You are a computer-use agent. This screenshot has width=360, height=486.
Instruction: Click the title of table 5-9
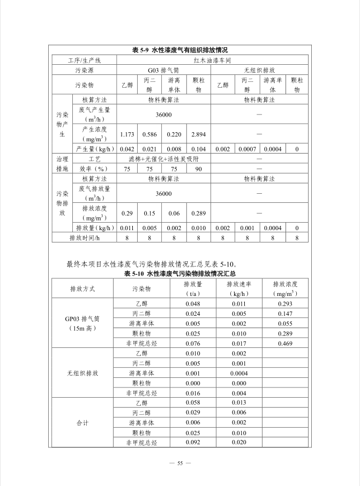[x=180, y=50]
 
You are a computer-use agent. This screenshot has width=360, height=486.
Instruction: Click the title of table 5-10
[x=180, y=273]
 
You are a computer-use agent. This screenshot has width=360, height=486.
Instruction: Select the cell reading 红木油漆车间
[x=212, y=60]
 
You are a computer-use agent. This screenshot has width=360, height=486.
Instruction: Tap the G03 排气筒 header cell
[x=163, y=70]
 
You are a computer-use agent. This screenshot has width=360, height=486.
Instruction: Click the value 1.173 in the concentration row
[x=127, y=134]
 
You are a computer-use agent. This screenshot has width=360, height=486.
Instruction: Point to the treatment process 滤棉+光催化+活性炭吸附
[x=163, y=159]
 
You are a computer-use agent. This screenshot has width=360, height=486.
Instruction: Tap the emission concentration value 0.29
[x=127, y=213]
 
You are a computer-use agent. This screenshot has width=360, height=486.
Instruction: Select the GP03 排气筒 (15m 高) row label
[x=82, y=323]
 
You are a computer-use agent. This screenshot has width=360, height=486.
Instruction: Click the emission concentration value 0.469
[x=286, y=343]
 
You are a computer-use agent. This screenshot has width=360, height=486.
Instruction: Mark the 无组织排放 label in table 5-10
[x=82, y=373]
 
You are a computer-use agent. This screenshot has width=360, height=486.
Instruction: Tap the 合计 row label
[x=82, y=423]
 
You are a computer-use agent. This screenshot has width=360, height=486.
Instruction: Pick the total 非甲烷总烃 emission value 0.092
[x=193, y=443]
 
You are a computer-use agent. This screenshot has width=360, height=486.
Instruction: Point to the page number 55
[x=180, y=463]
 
